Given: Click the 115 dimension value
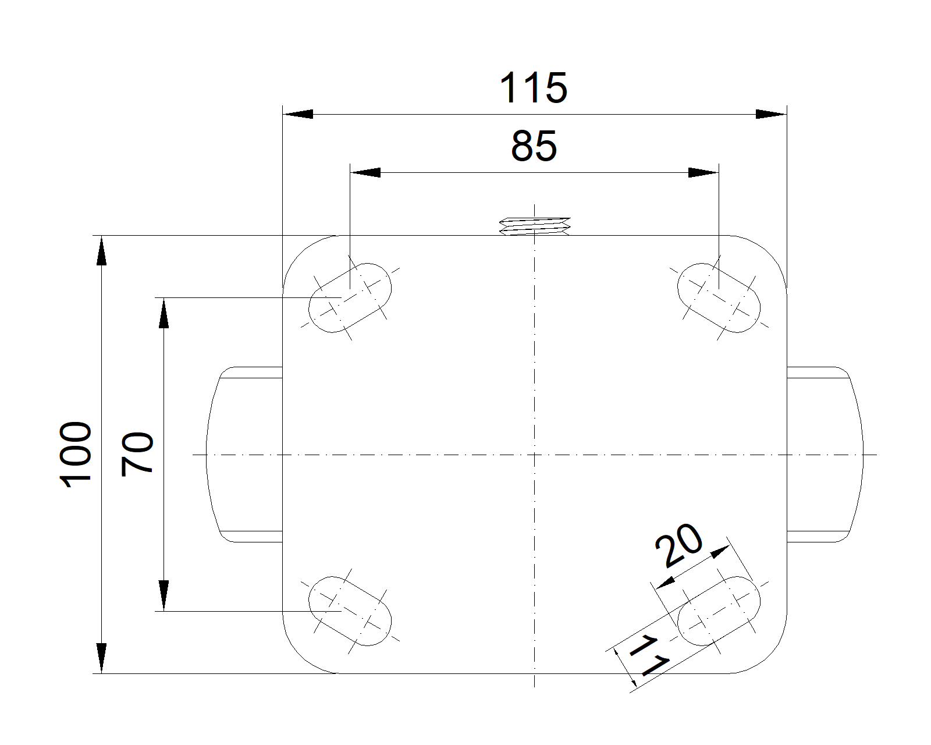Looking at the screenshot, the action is click(x=533, y=88).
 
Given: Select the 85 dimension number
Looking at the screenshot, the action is click(x=534, y=146).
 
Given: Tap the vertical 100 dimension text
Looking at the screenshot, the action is click(x=76, y=454).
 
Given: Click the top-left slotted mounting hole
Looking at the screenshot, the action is click(x=350, y=298).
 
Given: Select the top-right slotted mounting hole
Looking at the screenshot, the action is click(x=719, y=298).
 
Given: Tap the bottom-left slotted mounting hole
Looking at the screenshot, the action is click(x=350, y=611).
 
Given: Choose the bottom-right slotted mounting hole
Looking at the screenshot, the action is click(x=719, y=611).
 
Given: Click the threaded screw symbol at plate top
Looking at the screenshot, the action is click(x=535, y=226).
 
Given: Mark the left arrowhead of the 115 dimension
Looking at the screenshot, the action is click(x=298, y=114).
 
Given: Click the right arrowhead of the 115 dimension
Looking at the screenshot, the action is click(x=772, y=114).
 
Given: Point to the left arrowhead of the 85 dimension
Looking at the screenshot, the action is click(x=365, y=173).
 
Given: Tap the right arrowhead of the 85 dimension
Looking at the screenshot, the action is click(x=703, y=173).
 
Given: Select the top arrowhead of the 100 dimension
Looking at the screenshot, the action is click(x=101, y=250).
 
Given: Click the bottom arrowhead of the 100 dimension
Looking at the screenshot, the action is click(x=101, y=658).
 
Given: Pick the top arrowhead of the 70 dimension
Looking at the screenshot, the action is click(x=164, y=313).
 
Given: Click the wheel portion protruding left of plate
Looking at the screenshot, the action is click(x=244, y=454).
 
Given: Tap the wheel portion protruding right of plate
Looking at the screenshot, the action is click(x=825, y=454).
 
